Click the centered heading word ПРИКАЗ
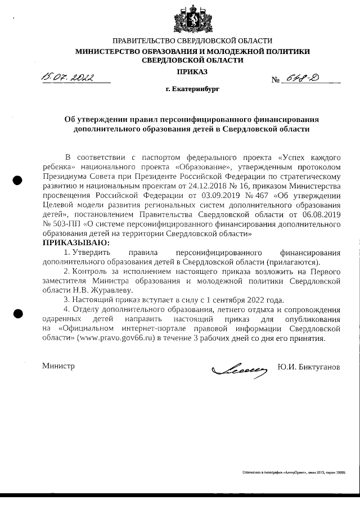(192, 71)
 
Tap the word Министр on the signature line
(59, 366)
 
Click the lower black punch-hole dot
(17, 314)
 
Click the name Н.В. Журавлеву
(100, 290)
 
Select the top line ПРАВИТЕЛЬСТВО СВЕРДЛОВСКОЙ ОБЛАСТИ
(192, 40)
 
